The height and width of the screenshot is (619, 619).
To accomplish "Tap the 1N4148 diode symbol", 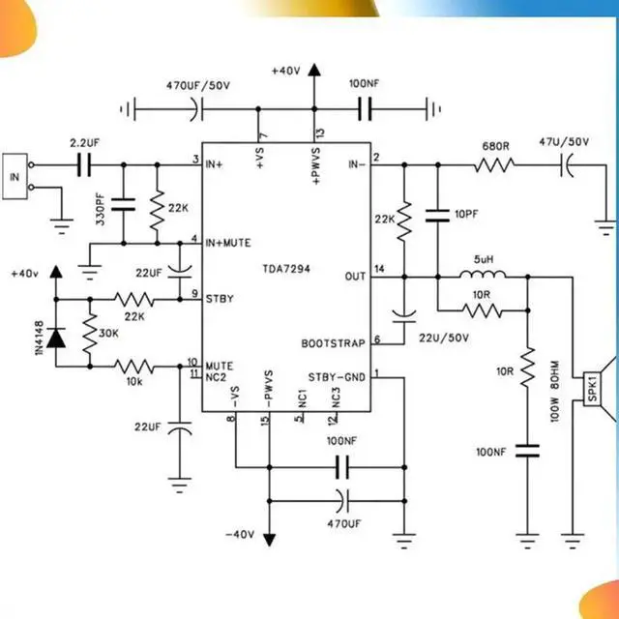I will click(x=57, y=336).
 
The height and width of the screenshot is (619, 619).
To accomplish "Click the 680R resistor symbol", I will click(x=495, y=165).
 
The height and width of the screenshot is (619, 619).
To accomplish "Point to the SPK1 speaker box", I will click(x=588, y=386).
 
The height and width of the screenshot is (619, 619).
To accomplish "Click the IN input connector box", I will click(x=15, y=177).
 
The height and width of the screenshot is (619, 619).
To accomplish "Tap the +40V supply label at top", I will click(x=287, y=72).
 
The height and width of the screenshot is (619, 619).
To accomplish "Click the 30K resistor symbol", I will click(x=89, y=333).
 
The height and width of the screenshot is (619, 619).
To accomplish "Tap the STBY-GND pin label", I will click(x=336, y=376).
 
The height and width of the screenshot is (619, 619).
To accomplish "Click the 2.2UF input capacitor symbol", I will click(x=84, y=165).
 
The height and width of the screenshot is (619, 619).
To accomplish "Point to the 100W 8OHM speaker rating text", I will click(x=555, y=391).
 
